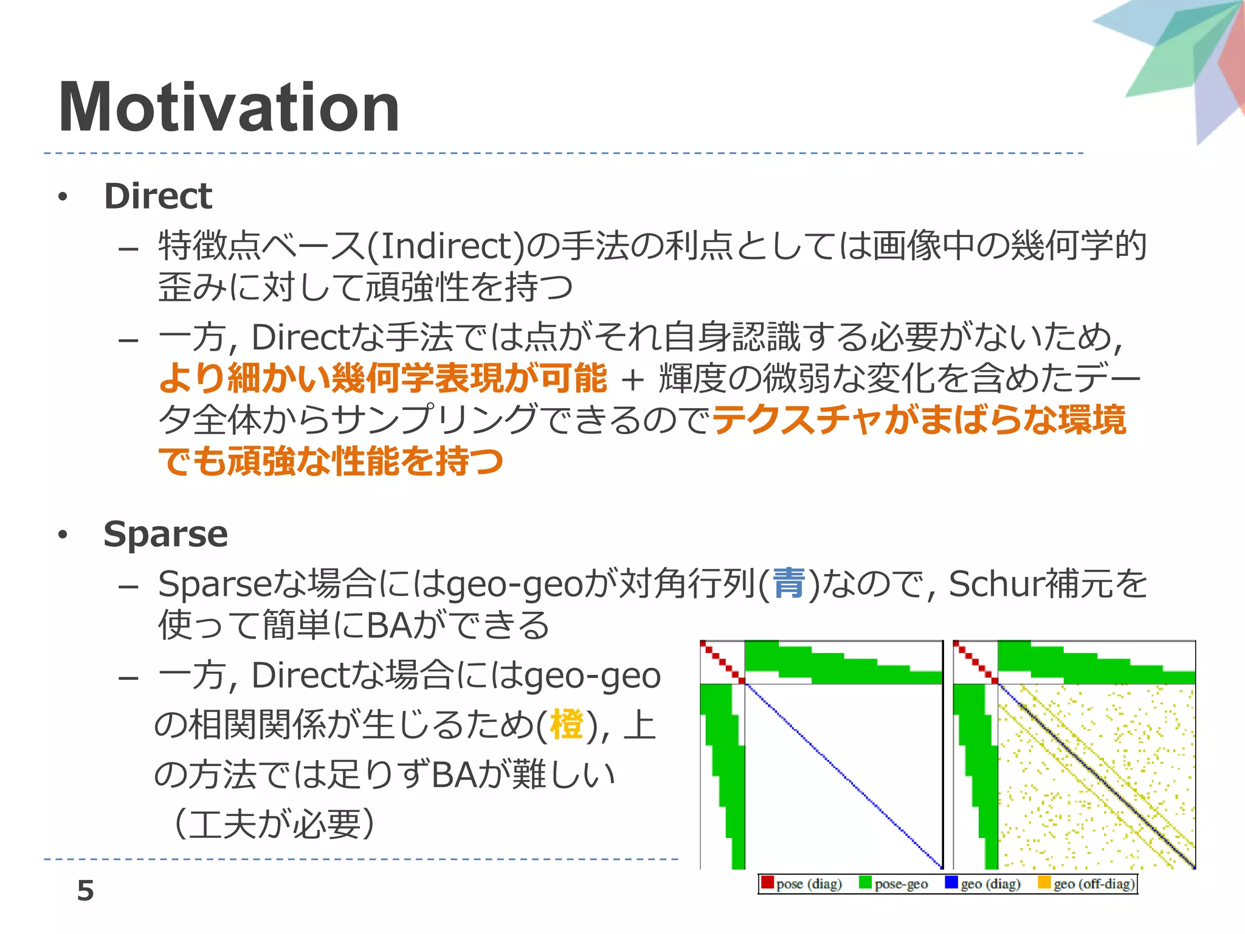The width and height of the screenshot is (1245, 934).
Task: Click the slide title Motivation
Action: pos(229,108)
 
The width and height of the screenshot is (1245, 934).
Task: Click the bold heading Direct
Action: pos(157,196)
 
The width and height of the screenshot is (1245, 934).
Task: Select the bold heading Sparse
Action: pos(165,534)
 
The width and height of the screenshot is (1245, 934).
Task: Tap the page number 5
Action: pos(86,890)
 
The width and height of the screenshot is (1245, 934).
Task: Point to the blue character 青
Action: pos(788,583)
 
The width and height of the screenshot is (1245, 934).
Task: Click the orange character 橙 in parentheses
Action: pos(566,725)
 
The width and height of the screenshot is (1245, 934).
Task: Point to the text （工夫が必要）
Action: pos(274,824)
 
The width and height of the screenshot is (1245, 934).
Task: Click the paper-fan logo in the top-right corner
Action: pos(1185,61)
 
